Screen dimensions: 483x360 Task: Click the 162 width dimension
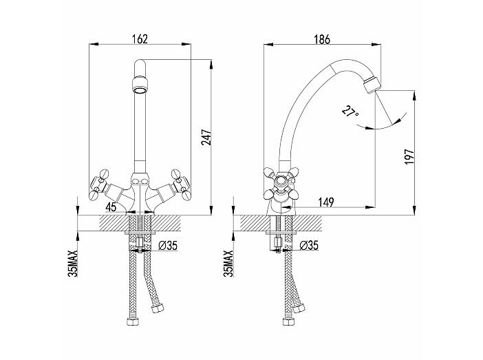click(140, 39)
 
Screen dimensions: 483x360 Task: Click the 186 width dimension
click(322, 39)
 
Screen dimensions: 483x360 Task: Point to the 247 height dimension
click(206, 137)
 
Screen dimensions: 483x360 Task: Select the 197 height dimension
click(410, 156)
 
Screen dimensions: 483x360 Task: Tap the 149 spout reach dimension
click(326, 202)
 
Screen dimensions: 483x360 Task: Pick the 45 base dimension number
click(111, 207)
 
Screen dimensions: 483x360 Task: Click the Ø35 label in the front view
click(168, 246)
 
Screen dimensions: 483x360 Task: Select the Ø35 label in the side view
click(309, 245)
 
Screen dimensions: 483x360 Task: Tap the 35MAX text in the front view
click(74, 263)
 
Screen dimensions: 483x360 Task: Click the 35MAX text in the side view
click(228, 263)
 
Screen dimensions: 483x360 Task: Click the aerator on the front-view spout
click(140, 85)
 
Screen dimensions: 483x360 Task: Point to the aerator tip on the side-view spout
click(372, 85)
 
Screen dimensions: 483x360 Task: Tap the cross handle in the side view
click(281, 183)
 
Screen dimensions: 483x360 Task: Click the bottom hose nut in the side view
click(288, 321)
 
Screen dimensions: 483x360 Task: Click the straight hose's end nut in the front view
click(133, 321)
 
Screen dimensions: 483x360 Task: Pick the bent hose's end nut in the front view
click(158, 308)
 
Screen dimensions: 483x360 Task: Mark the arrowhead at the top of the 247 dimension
click(211, 65)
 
